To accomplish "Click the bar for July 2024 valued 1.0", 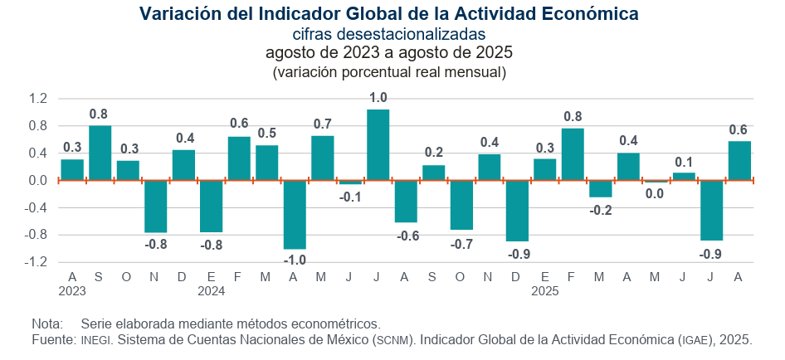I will click(x=378, y=145).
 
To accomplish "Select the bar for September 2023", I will click(x=100, y=153).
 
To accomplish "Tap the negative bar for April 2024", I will click(x=295, y=214).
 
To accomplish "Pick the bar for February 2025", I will click(x=573, y=154).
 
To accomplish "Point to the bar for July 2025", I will click(x=712, y=210).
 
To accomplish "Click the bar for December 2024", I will click(x=517, y=211).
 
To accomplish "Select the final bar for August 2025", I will click(x=739, y=160).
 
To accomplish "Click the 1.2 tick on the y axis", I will click(x=38, y=99).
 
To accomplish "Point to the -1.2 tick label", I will click(x=37, y=261).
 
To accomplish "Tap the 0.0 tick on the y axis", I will click(x=38, y=180).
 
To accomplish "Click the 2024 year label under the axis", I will click(x=212, y=291).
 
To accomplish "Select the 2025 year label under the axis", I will click(x=545, y=291).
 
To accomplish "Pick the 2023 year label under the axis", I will click(x=72, y=291).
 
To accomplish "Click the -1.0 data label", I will click(x=295, y=260).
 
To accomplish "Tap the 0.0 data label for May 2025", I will click(x=656, y=193).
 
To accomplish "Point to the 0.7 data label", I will click(x=323, y=124).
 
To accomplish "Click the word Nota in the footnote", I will click(x=46, y=324).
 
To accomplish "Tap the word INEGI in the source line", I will click(x=98, y=340).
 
